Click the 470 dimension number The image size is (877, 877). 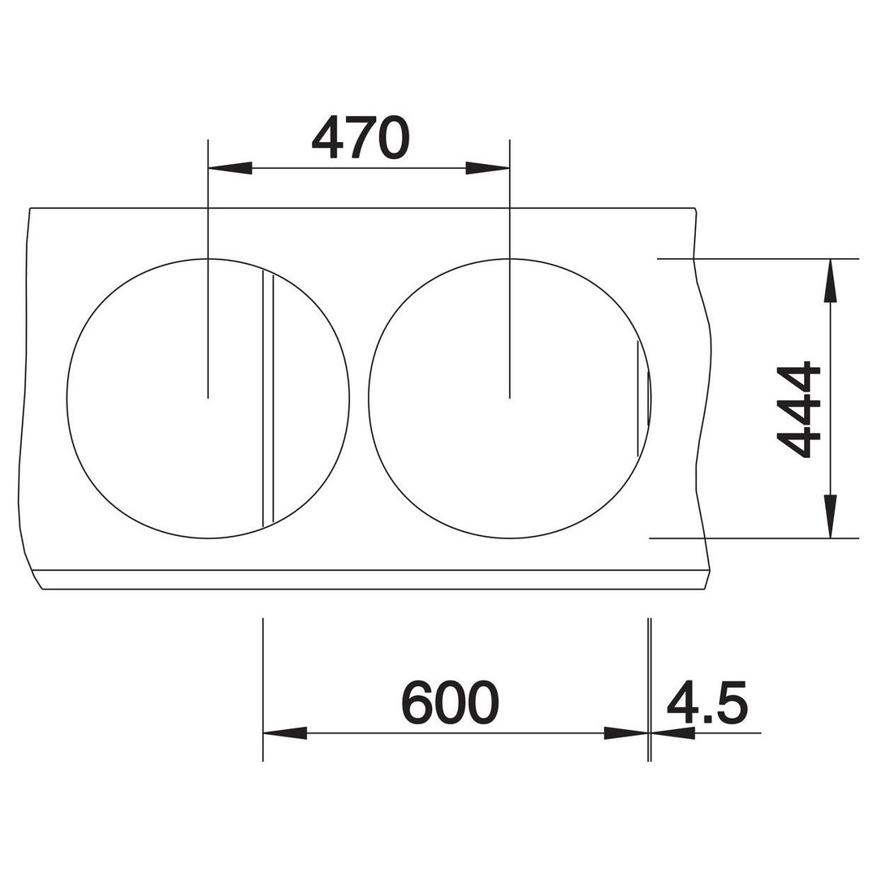[361, 137]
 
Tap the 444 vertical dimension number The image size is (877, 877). [799, 410]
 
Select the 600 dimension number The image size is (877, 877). [450, 702]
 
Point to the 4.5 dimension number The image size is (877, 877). [707, 702]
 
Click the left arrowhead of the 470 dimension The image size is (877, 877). [229, 168]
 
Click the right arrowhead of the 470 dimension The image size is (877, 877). [488, 168]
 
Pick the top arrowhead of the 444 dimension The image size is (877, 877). [831, 281]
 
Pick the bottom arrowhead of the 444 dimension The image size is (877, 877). [831, 516]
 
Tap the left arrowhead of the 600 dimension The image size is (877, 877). [285, 732]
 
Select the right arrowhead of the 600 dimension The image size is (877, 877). [626, 732]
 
